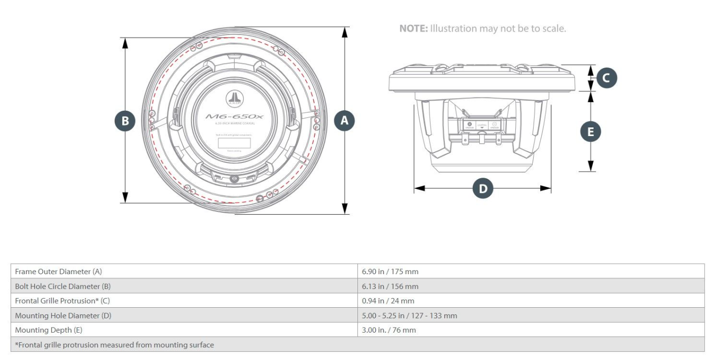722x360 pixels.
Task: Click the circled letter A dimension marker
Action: pos(345,121)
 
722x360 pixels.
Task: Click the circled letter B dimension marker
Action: pos(125,121)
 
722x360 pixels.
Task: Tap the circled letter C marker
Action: pos(606,78)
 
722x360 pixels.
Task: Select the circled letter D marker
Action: pos(483,189)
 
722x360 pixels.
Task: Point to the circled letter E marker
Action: pos(590,132)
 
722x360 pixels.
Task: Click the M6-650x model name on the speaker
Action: pos(235,116)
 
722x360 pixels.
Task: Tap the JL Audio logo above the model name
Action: pos(235,99)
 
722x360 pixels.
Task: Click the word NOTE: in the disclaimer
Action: pos(413,29)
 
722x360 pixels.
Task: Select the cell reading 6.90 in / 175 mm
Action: pos(390,272)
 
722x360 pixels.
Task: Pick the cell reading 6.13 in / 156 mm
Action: pos(390,286)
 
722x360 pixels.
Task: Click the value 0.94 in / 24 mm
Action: pos(388,301)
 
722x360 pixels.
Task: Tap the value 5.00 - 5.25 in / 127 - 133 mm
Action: pos(409,315)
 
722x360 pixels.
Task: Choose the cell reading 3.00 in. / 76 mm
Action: pos(389,330)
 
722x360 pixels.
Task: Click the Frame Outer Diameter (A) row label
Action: pos(58,272)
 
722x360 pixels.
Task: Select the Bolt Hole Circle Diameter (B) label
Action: pos(62,286)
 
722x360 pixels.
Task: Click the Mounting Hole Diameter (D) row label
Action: pos(63,315)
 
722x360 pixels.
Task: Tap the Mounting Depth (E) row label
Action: pos(48,330)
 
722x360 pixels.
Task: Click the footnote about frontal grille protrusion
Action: pos(114,345)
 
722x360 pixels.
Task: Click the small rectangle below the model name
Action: pos(235,143)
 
